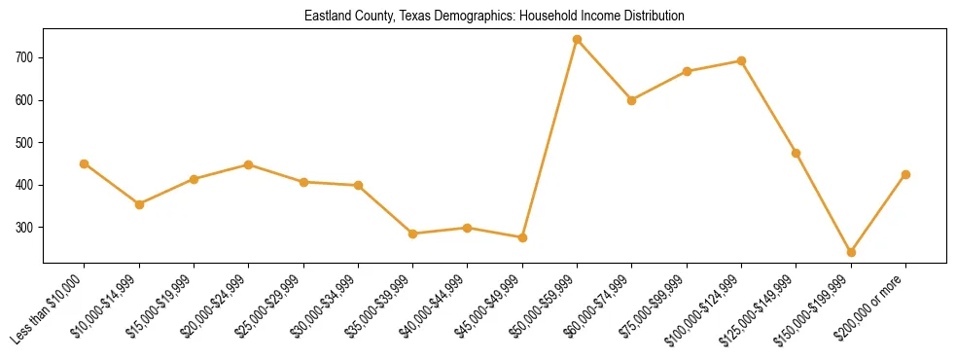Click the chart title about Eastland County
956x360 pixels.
pyautogui.click(x=494, y=17)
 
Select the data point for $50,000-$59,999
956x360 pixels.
pyautogui.click(x=577, y=40)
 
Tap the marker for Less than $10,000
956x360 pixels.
pyautogui.click(x=85, y=163)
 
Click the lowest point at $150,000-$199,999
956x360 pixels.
pyautogui.click(x=851, y=252)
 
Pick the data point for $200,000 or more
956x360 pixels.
pyautogui.click(x=905, y=174)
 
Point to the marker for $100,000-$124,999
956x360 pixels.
pyautogui.click(x=741, y=60)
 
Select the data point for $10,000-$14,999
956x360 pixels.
pyautogui.click(x=139, y=204)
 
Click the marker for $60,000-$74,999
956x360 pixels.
pyautogui.click(x=632, y=100)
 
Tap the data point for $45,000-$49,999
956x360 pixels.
pyautogui.click(x=522, y=237)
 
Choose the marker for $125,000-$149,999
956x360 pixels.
pyautogui.click(x=797, y=153)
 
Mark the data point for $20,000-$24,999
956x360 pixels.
pyautogui.click(x=249, y=164)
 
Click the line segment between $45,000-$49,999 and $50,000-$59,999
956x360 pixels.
pyautogui.click(x=549, y=138)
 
